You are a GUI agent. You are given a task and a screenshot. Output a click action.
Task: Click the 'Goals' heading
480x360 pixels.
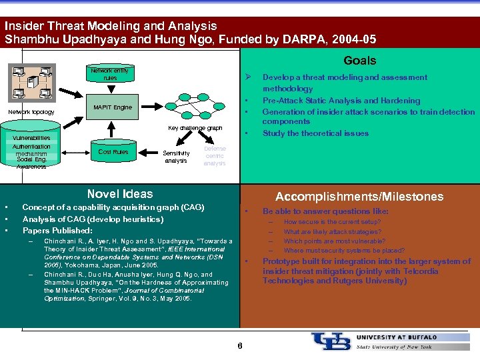pyautogui.click(x=359, y=61)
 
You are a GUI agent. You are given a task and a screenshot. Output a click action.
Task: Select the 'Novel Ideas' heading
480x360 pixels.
pyautogui.click(x=120, y=194)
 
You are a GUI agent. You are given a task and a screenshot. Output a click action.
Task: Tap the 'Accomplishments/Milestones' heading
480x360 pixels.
pyautogui.click(x=359, y=196)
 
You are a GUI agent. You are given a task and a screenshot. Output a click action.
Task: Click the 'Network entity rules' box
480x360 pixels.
pyautogui.click(x=110, y=74)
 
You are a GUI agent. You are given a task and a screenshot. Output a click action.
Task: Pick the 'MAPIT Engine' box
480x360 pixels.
pyautogui.click(x=113, y=107)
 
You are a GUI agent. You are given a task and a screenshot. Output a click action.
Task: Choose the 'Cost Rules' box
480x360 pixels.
pyautogui.click(x=113, y=152)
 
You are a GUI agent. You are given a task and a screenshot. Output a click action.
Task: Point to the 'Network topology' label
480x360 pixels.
pyautogui.click(x=31, y=112)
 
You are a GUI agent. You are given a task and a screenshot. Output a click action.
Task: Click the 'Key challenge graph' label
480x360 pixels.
pyautogui.click(x=195, y=127)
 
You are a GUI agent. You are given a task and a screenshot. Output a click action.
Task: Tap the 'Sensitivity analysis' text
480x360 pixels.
pyautogui.click(x=176, y=157)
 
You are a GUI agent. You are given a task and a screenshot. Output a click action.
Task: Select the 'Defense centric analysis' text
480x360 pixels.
pyautogui.click(x=215, y=156)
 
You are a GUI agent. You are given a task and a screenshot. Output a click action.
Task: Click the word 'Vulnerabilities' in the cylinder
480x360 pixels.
pyautogui.click(x=32, y=138)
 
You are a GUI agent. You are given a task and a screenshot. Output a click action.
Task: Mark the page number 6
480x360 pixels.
pyautogui.click(x=240, y=345)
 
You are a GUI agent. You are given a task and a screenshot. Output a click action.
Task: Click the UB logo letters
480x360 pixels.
pyautogui.click(x=330, y=341)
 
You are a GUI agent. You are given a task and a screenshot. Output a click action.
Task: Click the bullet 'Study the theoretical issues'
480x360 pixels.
pyautogui.click(x=315, y=133)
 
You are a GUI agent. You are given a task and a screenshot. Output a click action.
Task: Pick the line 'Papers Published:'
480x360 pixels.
pyautogui.click(x=57, y=231)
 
